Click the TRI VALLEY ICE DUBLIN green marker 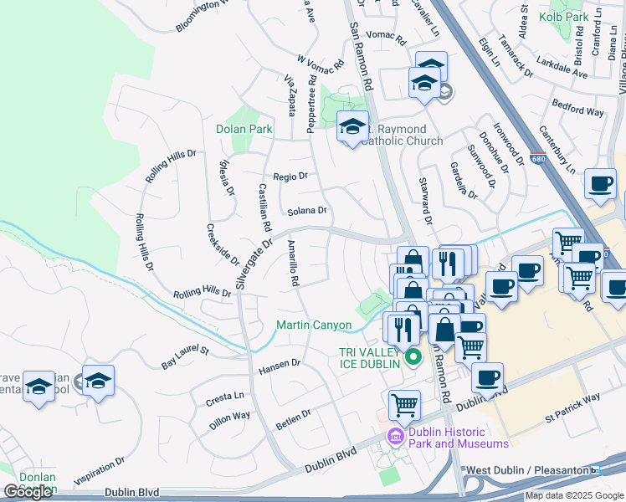tap(412, 358)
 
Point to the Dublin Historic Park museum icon tap(396, 436)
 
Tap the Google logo tap(28, 492)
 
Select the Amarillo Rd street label tap(293, 264)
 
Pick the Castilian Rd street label tap(264, 207)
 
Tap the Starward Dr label tap(428, 202)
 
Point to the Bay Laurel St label tap(185, 356)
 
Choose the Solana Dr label tap(307, 211)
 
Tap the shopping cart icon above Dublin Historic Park tap(405, 404)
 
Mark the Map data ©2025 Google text tap(573, 495)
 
